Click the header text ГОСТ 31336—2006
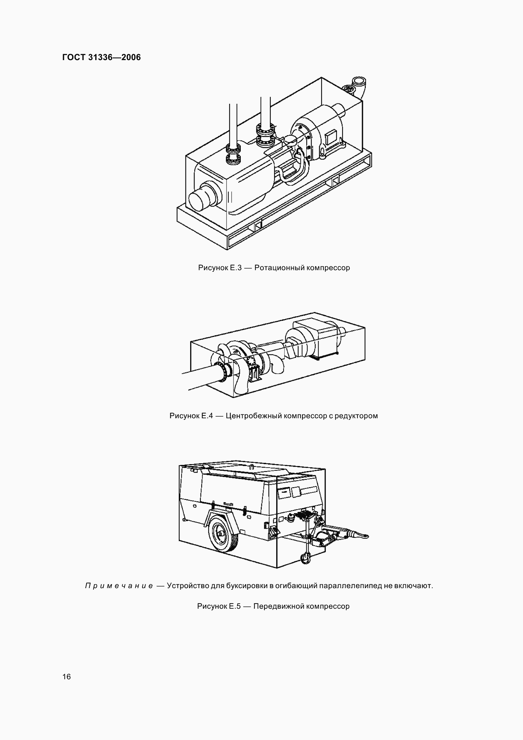101,57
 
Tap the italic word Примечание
119,586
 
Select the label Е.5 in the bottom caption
234,606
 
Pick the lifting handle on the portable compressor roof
251,466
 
